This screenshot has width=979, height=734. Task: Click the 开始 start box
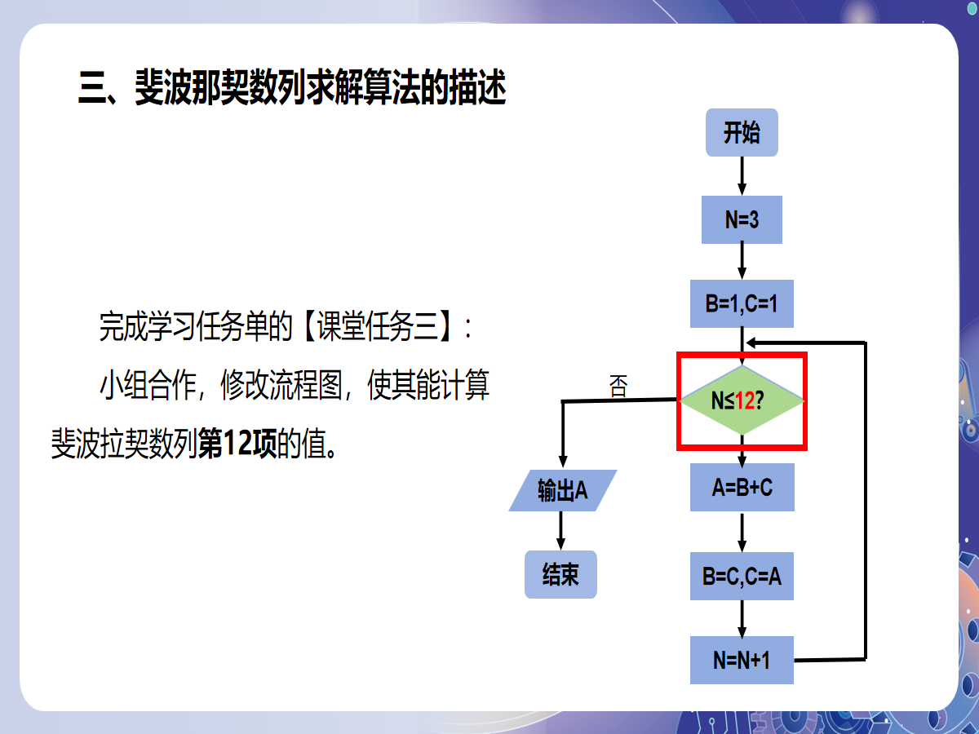[x=741, y=133]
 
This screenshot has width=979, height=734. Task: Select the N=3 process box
[x=742, y=219]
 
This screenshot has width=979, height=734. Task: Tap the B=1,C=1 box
[x=742, y=304]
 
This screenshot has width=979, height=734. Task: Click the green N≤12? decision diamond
[x=742, y=400]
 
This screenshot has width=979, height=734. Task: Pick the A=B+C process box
[x=742, y=488]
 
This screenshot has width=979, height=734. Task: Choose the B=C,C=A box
[x=742, y=577]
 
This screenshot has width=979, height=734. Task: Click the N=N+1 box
[x=742, y=660]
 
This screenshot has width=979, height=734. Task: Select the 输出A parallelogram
[x=562, y=491]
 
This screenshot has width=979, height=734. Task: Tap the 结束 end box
[x=560, y=574]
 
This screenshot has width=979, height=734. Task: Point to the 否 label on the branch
[x=619, y=387]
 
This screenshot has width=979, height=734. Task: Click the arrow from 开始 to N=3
[x=742, y=175]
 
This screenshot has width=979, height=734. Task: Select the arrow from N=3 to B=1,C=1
[x=742, y=262]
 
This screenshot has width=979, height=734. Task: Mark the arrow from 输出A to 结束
[x=560, y=531]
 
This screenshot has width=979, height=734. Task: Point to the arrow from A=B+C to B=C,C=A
[x=742, y=532]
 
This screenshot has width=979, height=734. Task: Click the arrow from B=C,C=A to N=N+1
[x=742, y=619]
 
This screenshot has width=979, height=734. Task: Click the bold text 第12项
[x=238, y=445]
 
